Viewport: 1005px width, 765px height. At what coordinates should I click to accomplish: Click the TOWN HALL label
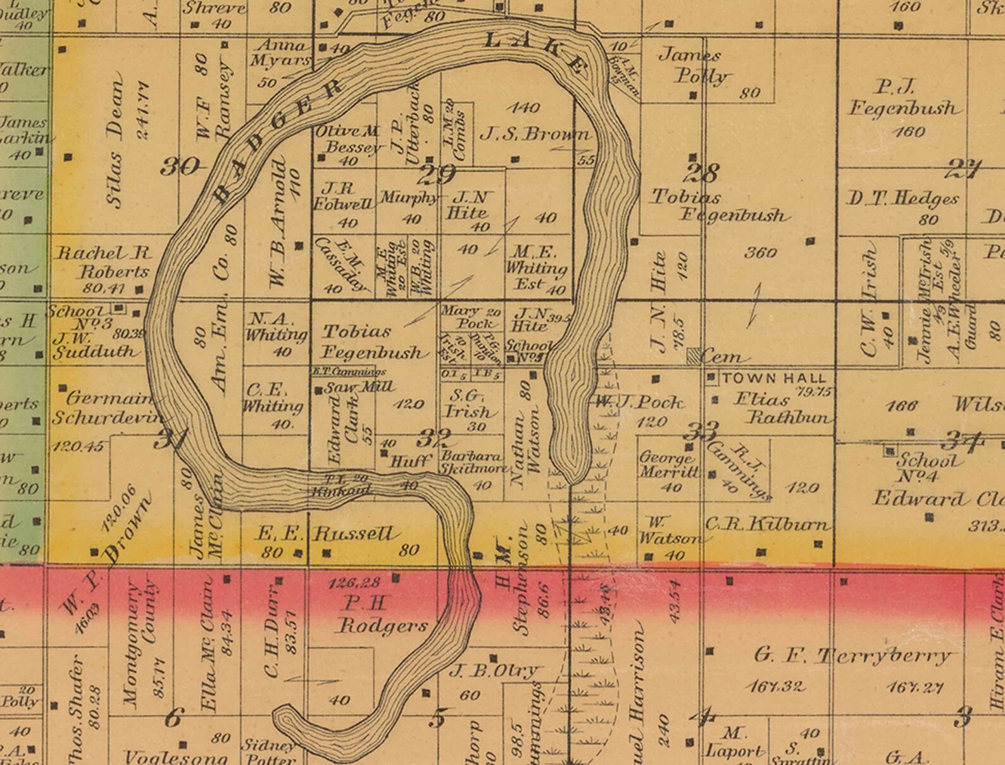pyautogui.click(x=774, y=378)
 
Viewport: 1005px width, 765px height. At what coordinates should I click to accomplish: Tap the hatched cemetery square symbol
pyautogui.click(x=695, y=356)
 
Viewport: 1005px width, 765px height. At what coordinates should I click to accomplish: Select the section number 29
pyautogui.click(x=437, y=174)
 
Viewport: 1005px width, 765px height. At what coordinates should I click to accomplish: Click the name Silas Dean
pyautogui.click(x=115, y=144)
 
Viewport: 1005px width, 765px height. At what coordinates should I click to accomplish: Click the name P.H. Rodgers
pyautogui.click(x=380, y=614)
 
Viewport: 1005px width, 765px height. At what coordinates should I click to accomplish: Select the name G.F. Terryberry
pyautogui.click(x=851, y=655)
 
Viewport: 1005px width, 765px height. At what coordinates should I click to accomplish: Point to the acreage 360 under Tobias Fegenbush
pyautogui.click(x=760, y=253)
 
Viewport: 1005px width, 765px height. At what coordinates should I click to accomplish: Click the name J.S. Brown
pyautogui.click(x=535, y=134)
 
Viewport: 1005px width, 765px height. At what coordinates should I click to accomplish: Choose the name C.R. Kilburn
pyautogui.click(x=766, y=524)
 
